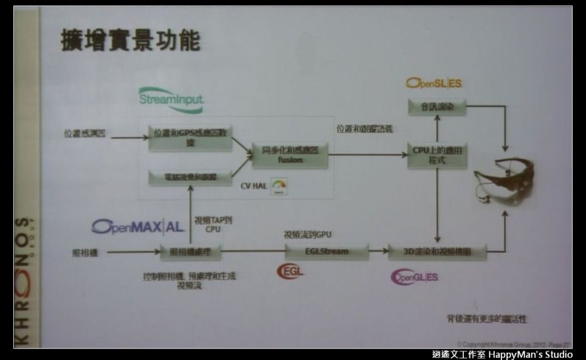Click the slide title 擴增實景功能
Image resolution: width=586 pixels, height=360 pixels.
130,39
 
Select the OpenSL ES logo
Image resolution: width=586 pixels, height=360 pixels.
434,83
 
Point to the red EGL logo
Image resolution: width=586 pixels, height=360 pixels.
290,271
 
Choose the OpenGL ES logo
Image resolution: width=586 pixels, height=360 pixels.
414,277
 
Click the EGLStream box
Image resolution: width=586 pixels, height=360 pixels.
326,252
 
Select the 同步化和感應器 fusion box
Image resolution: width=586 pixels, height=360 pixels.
289,154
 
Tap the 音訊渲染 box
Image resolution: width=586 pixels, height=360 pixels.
437,107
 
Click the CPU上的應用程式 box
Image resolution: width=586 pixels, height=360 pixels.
437,155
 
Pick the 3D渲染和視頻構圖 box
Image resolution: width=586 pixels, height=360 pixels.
437,252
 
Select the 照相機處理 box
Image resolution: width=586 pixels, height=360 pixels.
190,252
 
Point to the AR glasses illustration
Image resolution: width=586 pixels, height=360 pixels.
505,180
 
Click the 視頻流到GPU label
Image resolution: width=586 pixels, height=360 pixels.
308,235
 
